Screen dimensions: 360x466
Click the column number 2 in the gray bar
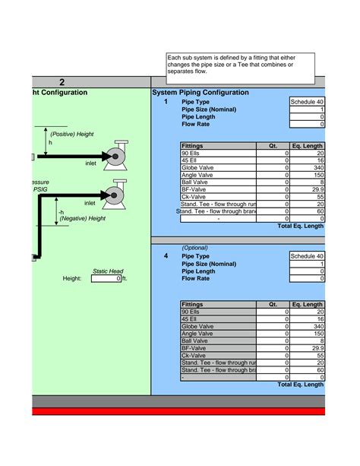point(62,82)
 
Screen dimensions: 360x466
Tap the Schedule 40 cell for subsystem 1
point(307,102)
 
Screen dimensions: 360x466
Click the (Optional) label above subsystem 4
point(195,248)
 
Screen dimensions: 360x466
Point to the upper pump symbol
point(116,153)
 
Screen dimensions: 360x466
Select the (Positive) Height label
point(72,135)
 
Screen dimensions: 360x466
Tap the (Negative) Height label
point(82,219)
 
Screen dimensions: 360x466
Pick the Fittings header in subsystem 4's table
point(192,304)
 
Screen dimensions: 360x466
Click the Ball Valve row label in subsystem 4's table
point(196,341)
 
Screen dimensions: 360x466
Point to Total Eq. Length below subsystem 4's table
point(301,385)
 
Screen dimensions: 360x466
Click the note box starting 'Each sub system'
point(240,64)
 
